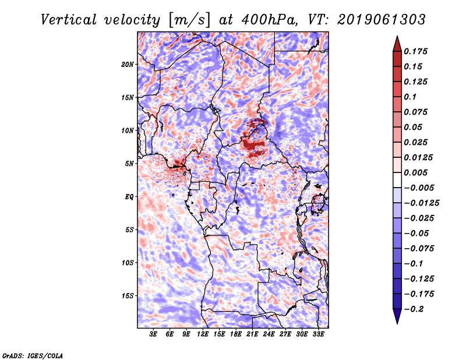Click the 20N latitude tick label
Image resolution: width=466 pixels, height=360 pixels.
point(128,65)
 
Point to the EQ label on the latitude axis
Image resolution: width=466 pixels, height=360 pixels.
point(129,197)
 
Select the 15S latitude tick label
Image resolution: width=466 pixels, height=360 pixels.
point(128,296)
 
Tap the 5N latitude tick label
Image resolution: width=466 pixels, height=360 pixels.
point(129,164)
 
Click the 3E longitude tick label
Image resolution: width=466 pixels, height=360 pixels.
point(153,334)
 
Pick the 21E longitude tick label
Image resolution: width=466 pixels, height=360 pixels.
point(252,334)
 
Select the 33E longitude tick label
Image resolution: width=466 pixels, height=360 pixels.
point(318,334)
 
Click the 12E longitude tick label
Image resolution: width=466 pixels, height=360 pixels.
point(203,334)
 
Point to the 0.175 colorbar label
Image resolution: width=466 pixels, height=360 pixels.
point(415,51)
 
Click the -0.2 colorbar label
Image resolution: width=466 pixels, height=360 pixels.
point(414,309)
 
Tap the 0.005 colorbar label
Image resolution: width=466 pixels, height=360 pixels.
point(415,172)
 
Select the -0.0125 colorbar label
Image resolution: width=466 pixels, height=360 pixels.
point(421,203)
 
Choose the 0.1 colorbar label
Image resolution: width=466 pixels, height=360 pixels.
point(410,97)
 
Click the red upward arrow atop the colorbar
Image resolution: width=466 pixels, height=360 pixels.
point(397,44)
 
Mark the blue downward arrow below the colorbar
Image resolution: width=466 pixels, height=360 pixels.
point(397,316)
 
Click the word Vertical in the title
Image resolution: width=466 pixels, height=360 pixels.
point(69,20)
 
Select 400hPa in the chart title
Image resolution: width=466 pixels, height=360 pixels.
point(270,20)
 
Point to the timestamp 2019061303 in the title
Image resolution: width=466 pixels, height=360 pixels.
point(382,20)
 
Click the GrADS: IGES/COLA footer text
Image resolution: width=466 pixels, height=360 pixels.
point(33,356)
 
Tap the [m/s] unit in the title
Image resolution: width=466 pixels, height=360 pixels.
point(189,20)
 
